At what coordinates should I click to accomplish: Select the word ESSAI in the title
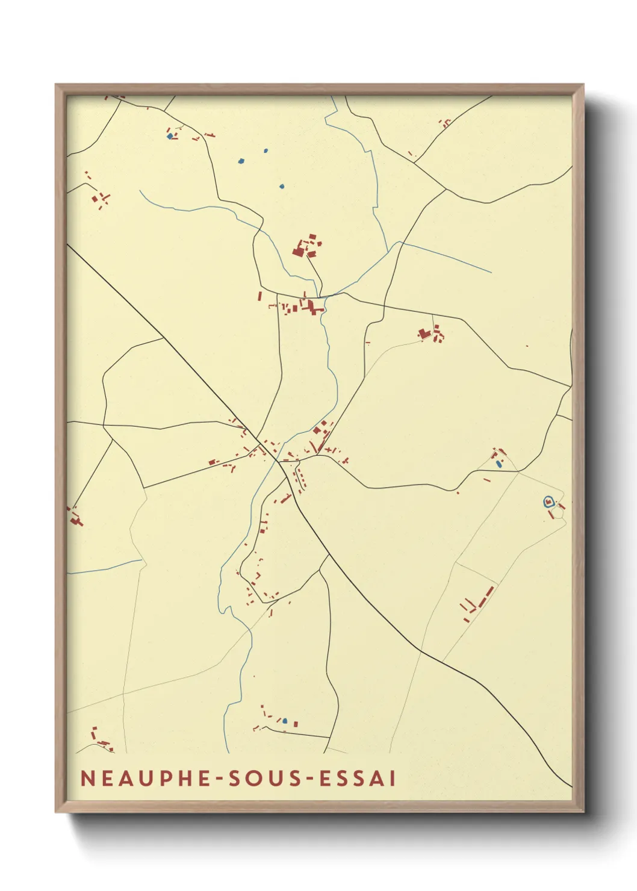pos(358,778)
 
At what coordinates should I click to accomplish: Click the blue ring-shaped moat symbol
pos(548,501)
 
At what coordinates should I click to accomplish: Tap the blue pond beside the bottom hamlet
pos(285,721)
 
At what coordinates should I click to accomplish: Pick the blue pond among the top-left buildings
pos(170,136)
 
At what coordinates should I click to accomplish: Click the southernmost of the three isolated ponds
pos(281,186)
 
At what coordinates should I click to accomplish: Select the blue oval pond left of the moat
pos(499,464)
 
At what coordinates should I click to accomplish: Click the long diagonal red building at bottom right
pos(489,593)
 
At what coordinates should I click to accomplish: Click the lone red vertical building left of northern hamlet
pos(259,296)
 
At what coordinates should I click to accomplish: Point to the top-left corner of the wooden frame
pos(57,85)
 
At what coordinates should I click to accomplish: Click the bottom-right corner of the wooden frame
pos(583,812)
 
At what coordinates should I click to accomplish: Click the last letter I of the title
pos(393,778)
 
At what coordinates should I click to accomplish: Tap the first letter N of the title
pos(86,778)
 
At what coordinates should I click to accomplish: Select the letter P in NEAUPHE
pos(162,778)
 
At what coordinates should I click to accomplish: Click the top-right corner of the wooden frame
pos(583,85)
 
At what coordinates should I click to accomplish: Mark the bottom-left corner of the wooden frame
pos(57,812)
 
